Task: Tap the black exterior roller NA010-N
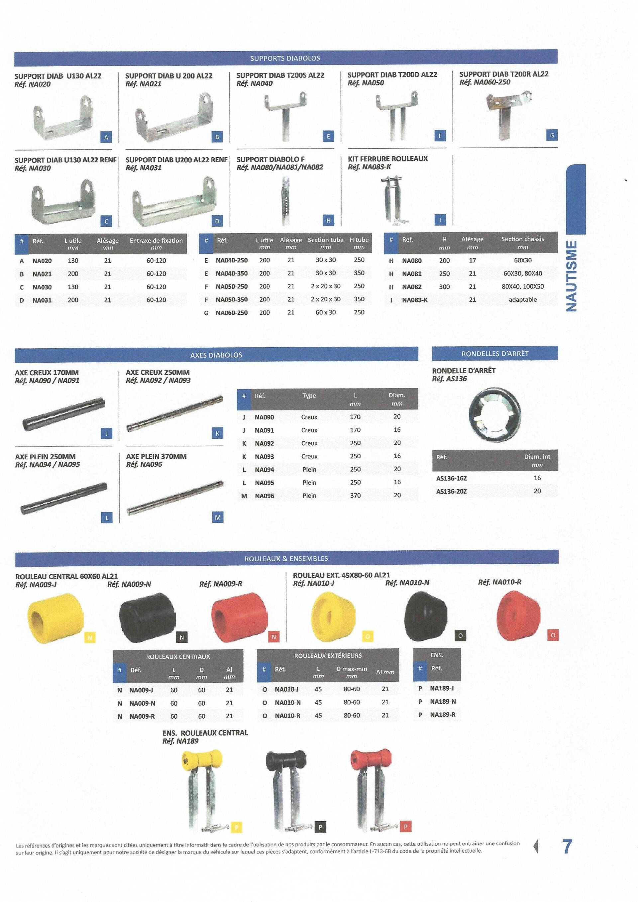(425, 615)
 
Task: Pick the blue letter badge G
(552, 135)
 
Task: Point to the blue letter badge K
(217, 433)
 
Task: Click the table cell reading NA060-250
(232, 313)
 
